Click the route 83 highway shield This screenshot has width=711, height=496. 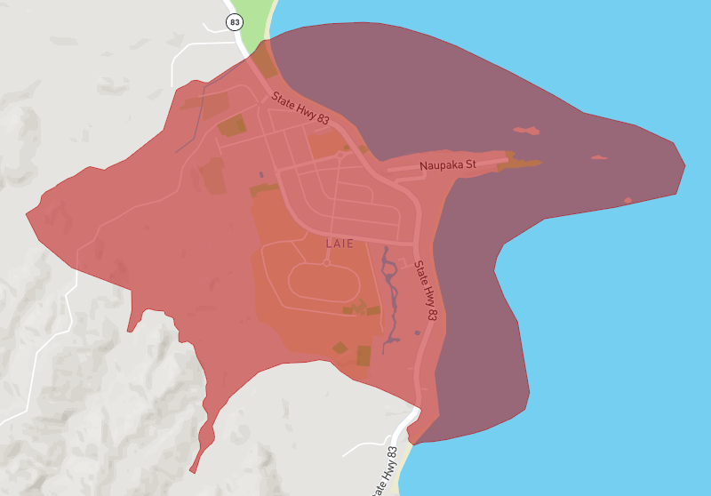235,22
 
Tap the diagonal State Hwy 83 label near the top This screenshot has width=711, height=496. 300,108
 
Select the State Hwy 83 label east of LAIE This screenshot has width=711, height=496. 427,291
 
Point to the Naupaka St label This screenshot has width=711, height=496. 449,165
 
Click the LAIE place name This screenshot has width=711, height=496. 340,243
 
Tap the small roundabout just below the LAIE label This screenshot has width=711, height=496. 327,263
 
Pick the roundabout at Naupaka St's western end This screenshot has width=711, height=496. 340,155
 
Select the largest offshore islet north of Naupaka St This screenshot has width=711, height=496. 526,132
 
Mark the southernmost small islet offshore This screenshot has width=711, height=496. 627,200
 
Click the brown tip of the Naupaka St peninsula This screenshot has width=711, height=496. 524,163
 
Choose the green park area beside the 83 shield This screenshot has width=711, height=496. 253,22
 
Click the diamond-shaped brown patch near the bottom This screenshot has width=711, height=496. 340,348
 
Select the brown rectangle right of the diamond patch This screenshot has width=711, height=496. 363,356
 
